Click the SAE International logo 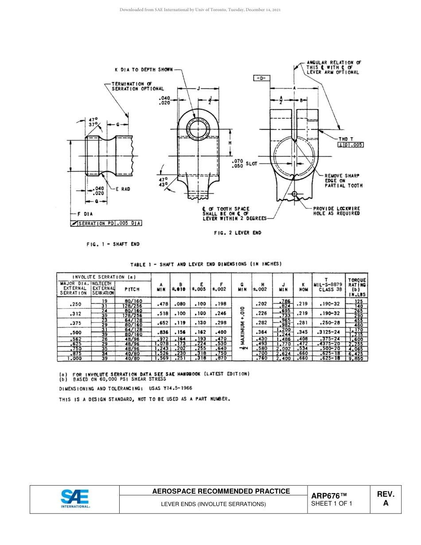pos(75,498)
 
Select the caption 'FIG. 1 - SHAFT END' pos(113,244)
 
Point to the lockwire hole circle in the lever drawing pos(295,194)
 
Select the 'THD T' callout pos(346,139)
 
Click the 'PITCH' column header pos(132,289)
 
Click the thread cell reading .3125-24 pos(329,332)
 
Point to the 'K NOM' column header pos(304,288)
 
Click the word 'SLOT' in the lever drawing pos(252,163)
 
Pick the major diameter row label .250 pos(74,304)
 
